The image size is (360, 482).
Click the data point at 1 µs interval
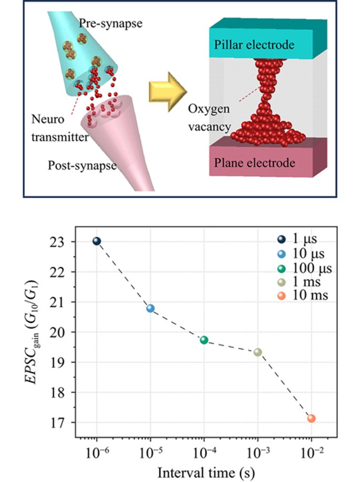coord(97,241)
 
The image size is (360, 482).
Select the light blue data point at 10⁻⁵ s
coord(150,308)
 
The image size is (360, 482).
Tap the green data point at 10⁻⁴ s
coord(204,340)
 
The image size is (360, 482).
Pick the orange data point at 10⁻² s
coord(311,418)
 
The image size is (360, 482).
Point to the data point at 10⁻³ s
coord(258,352)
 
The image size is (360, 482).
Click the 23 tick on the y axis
coord(71,242)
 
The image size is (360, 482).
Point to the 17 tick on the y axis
coord(71,423)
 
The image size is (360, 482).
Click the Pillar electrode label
coord(254,46)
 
